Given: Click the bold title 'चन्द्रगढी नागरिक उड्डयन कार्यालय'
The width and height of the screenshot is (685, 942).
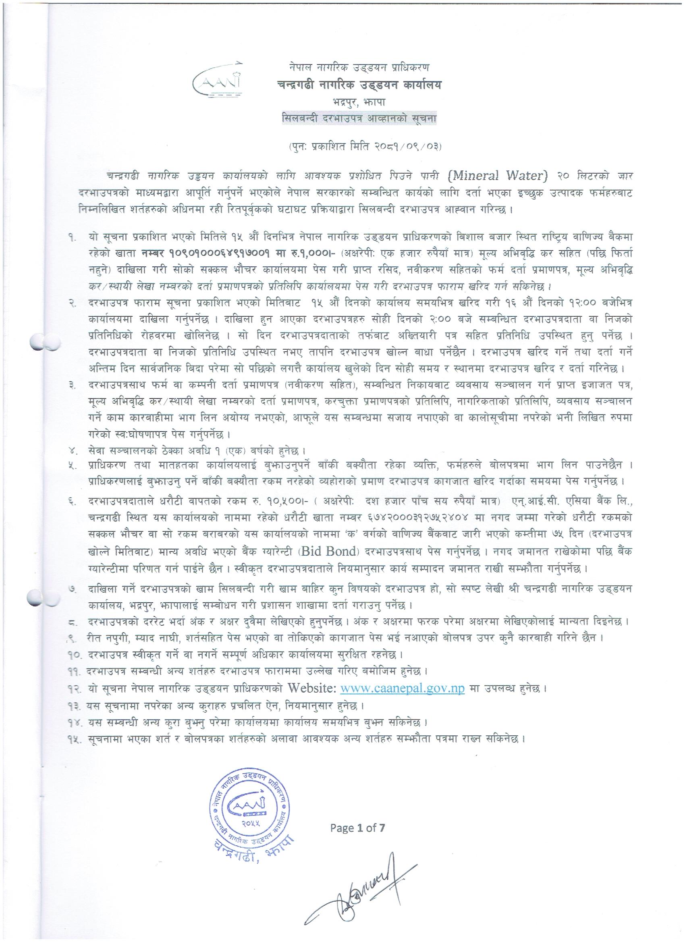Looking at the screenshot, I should pyautogui.click(x=359, y=85).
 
